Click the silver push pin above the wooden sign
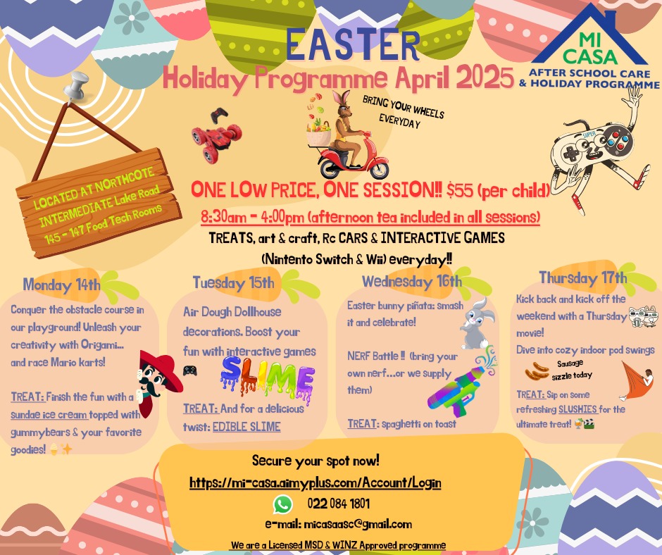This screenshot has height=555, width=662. pos(76,87)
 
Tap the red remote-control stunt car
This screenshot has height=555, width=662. pos(217,136)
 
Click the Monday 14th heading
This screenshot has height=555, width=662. pos(62,285)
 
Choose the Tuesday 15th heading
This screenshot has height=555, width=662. pos(234,283)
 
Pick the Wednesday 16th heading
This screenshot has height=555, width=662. pos(412,282)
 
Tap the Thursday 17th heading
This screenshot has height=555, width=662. pos(582,278)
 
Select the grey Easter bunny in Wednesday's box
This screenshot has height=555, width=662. pos(477,323)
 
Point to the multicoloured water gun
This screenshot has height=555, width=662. pos(461,382)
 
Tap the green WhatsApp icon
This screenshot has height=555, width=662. pos(282,504)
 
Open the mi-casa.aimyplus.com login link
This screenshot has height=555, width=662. pos(316,482)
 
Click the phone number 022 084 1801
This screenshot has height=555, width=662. pos(339,504)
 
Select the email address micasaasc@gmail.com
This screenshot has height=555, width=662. pos(358,525)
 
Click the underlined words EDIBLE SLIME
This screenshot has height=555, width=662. pos(246,427)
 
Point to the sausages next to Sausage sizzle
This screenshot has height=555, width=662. pos(537,371)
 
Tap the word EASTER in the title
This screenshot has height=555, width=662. pos(353,44)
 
